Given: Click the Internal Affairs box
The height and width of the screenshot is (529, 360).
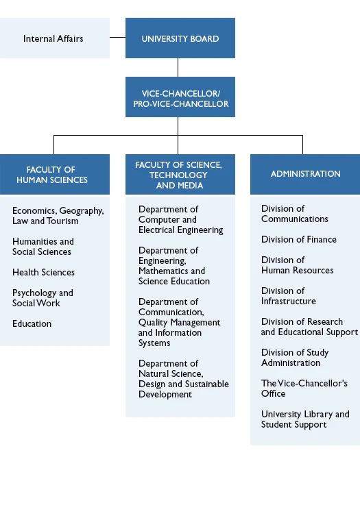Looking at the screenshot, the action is pos(55,38).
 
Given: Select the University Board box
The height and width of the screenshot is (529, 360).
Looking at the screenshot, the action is pos(180,38).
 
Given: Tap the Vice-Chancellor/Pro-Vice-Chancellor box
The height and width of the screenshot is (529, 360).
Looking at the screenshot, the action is pos(180,97).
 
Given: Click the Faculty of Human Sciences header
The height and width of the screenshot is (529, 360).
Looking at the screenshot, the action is pos(55,175).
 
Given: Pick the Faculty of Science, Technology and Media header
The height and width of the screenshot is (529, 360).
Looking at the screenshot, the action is pos(180,175).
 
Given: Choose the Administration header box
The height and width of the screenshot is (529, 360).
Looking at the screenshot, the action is pos(305,175).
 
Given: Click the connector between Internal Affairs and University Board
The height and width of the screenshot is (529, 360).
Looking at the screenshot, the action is pos(117,37).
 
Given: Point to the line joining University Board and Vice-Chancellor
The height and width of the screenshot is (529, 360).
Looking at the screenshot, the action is pos(178,67).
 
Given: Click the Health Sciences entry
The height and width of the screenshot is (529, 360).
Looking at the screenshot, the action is pos(44,272).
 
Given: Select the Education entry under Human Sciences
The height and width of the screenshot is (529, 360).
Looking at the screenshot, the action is pos(32,323).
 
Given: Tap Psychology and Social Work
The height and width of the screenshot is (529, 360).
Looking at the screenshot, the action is pos(43,298).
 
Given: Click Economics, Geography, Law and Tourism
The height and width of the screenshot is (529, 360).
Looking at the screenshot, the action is pos(58,216).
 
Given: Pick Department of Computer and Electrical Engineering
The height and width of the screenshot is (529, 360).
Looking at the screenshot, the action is pos(180,220).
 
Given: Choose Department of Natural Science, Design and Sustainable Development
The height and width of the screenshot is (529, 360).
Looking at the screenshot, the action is pos(184,379).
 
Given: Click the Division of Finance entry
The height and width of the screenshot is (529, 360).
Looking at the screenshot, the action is pos(299,240).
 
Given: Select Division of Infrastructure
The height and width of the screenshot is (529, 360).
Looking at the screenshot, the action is pos(289,296).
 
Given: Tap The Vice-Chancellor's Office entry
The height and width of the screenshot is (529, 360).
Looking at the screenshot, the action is pos(304,389).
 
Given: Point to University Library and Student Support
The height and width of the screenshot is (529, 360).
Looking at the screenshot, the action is pos(305,419).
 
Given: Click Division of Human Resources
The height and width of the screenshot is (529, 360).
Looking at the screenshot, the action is pos(297,265).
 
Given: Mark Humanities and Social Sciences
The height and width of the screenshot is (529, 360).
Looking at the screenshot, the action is pos(43,247).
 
